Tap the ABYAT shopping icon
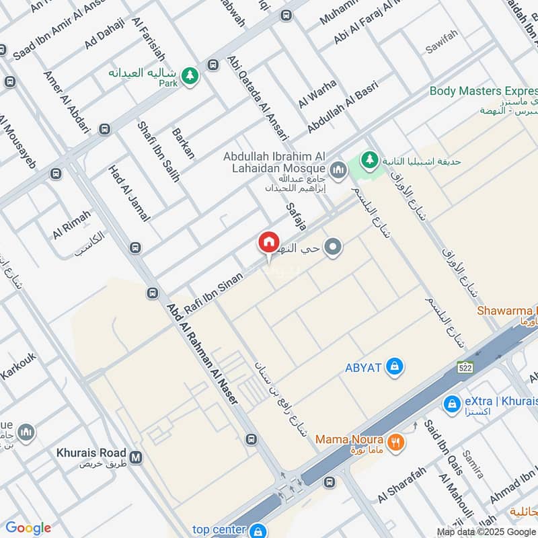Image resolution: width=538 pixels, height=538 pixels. [396, 367]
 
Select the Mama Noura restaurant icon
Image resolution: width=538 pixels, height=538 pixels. [397, 442]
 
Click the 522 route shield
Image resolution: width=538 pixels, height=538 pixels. [467, 367]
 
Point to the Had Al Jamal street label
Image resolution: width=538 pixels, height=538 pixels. [129, 194]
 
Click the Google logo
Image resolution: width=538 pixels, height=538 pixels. [28, 528]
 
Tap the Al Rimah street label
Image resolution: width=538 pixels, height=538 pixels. [72, 223]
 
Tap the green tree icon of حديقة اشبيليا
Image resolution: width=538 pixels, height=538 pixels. [368, 160]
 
